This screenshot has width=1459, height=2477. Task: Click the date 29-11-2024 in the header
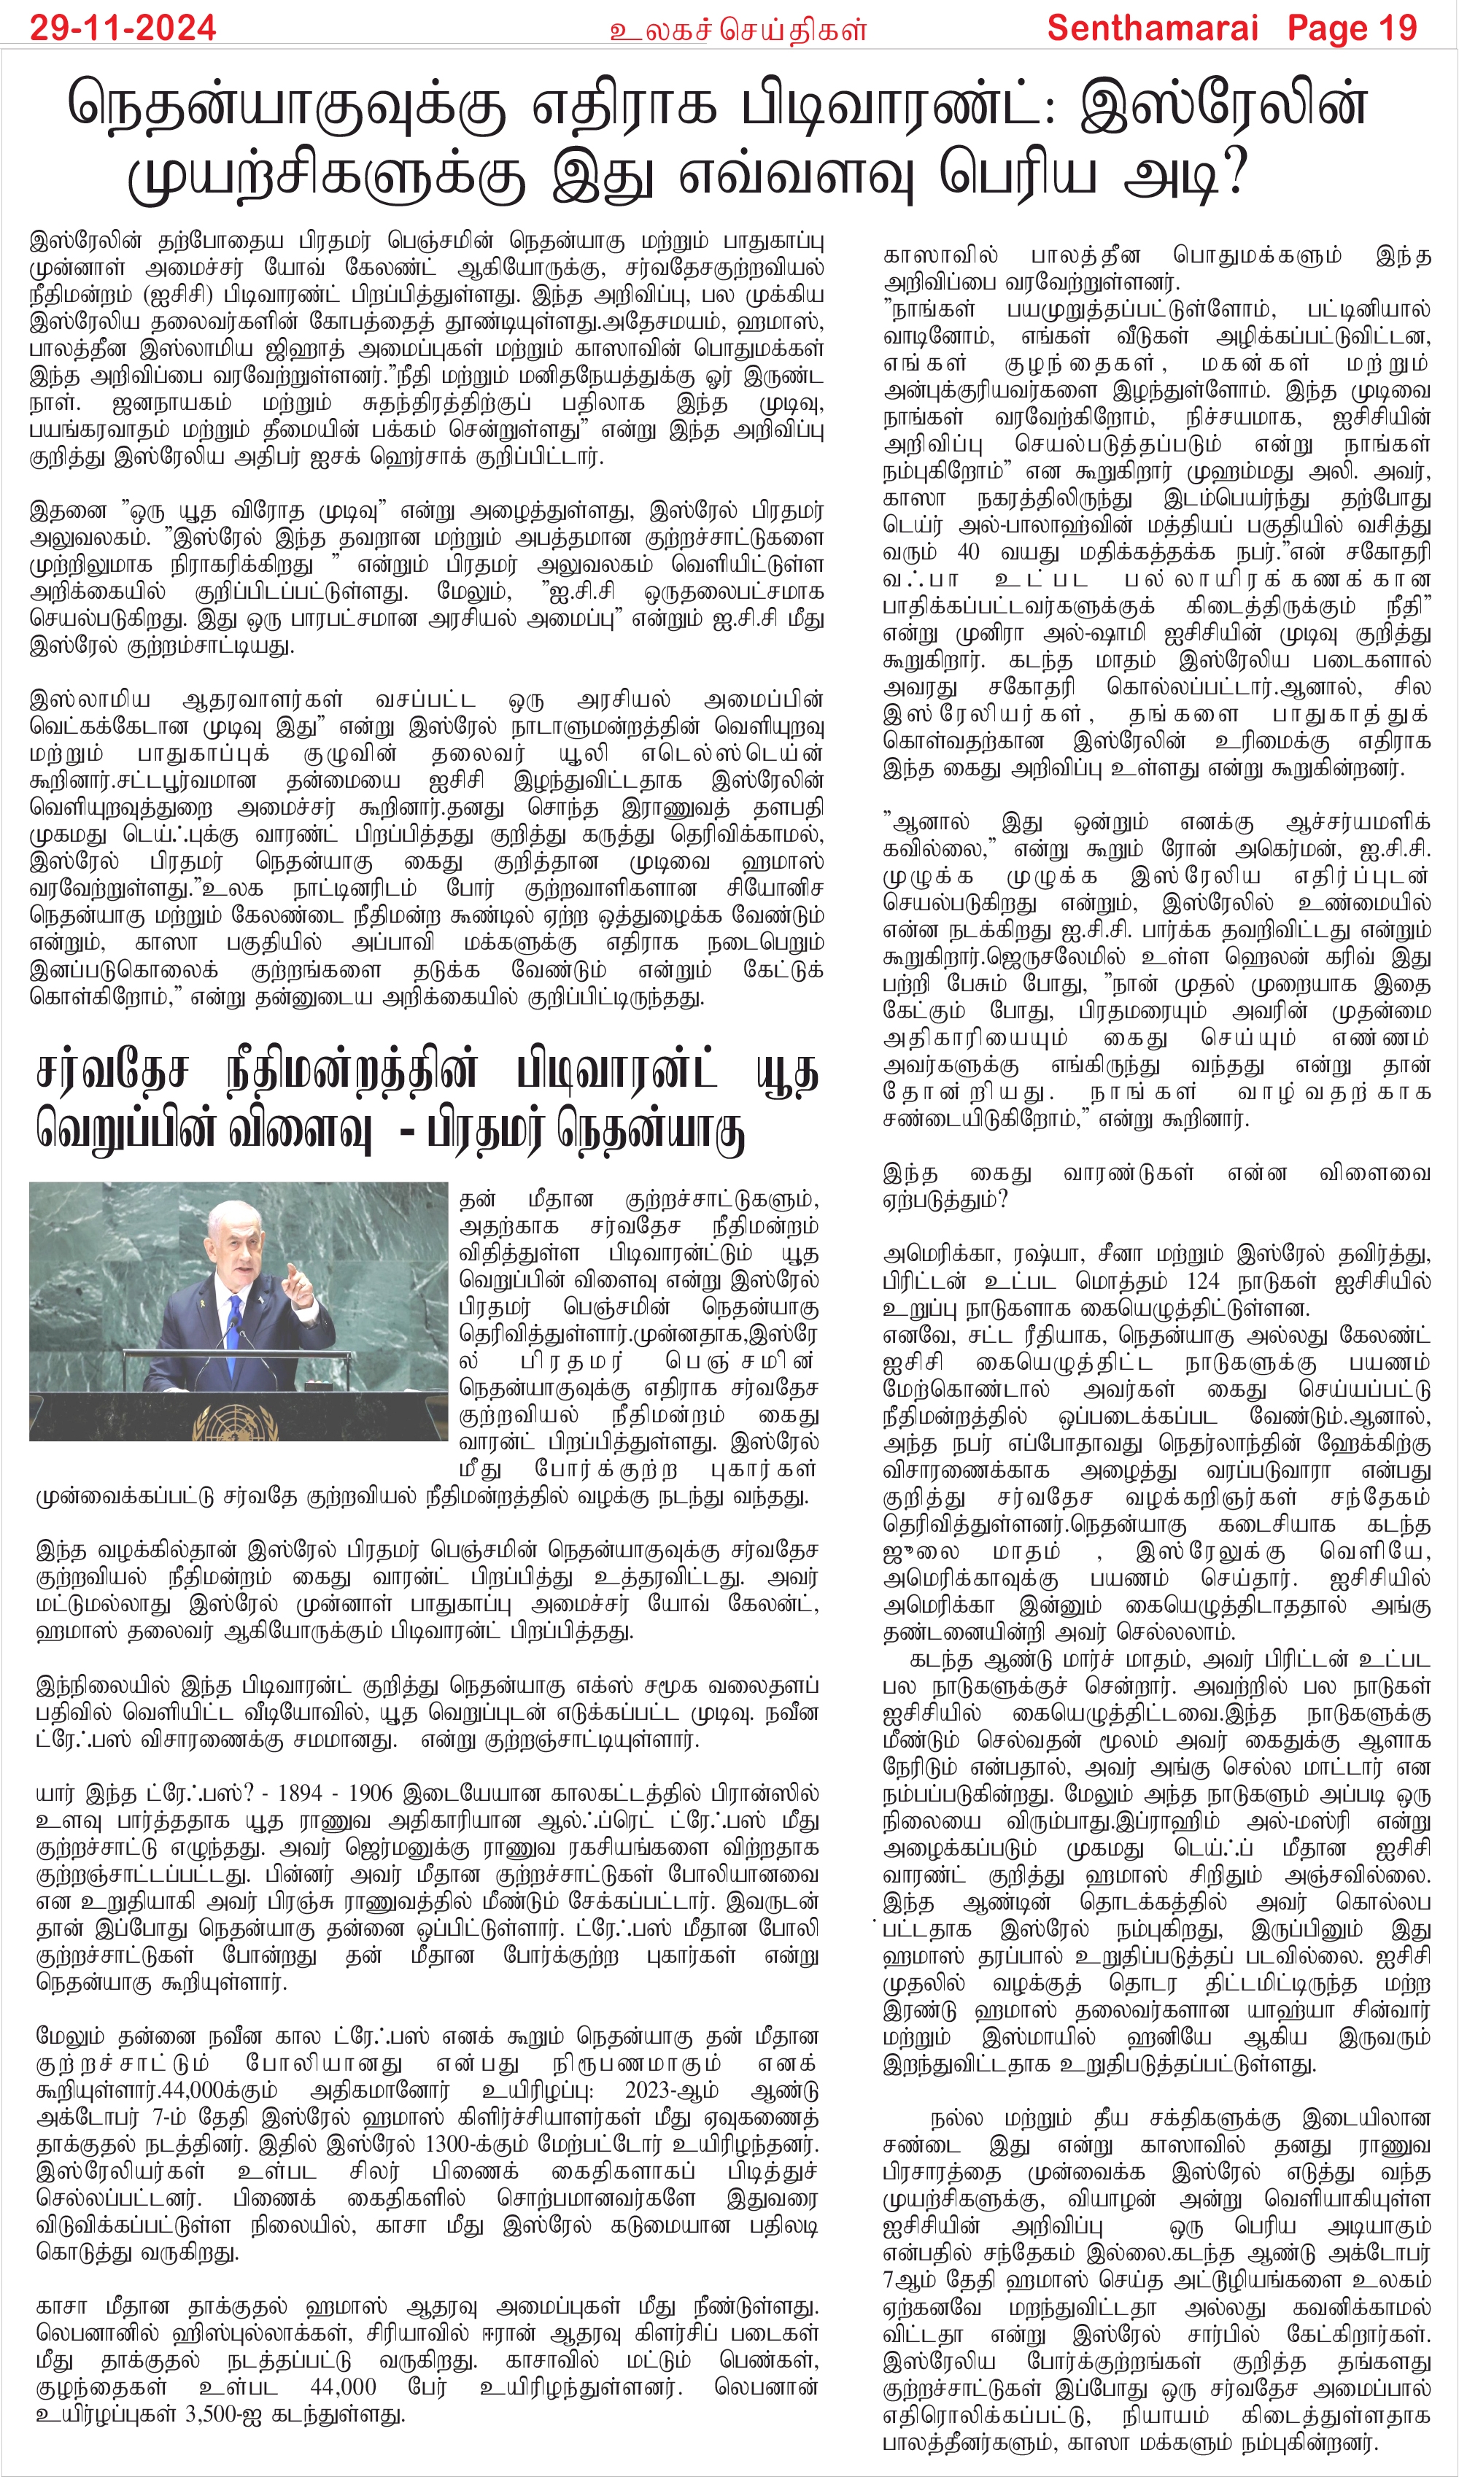coord(123,28)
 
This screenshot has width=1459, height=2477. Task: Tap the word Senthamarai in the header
coord(1153,28)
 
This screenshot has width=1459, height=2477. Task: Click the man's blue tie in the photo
coord(234,1317)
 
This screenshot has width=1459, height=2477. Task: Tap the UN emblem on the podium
coord(232,1422)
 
